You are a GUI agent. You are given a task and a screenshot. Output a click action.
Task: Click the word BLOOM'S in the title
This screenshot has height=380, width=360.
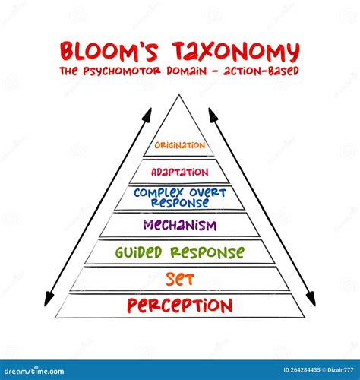point(109,52)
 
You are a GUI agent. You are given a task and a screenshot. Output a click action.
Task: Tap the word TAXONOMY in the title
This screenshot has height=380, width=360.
point(236,52)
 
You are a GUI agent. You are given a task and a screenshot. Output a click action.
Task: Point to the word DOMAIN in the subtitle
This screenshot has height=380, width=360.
point(187,71)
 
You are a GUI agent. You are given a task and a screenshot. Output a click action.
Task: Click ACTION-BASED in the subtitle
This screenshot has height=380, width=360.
point(261,71)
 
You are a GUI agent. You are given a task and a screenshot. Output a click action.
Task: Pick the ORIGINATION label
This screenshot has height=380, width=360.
point(180,145)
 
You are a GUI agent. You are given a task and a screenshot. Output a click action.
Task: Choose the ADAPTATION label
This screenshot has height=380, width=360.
point(180,173)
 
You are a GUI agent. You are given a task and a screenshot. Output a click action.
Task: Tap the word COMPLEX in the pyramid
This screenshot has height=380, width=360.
point(159,193)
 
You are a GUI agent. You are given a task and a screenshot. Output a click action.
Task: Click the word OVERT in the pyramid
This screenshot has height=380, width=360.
point(207,193)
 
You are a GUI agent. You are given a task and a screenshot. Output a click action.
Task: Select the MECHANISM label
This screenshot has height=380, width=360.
point(180,225)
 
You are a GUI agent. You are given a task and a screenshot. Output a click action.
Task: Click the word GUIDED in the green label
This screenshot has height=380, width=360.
point(138,252)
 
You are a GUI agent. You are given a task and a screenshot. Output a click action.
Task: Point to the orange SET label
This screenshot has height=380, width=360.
point(180,279)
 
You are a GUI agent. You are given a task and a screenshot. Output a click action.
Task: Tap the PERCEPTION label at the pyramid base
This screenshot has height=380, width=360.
point(180,305)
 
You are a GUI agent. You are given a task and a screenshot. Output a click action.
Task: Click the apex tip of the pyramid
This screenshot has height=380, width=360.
point(179,95)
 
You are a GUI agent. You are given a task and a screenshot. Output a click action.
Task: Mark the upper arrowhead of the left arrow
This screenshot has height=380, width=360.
point(148,114)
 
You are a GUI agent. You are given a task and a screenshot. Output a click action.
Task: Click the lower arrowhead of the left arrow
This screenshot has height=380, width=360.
point(48,299)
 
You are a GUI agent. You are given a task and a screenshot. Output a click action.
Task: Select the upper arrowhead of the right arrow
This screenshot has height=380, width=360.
point(212,114)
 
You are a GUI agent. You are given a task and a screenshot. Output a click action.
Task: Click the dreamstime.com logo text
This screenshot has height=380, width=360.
point(34,371)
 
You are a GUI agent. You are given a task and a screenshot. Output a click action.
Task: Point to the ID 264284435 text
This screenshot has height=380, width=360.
point(302,370)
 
